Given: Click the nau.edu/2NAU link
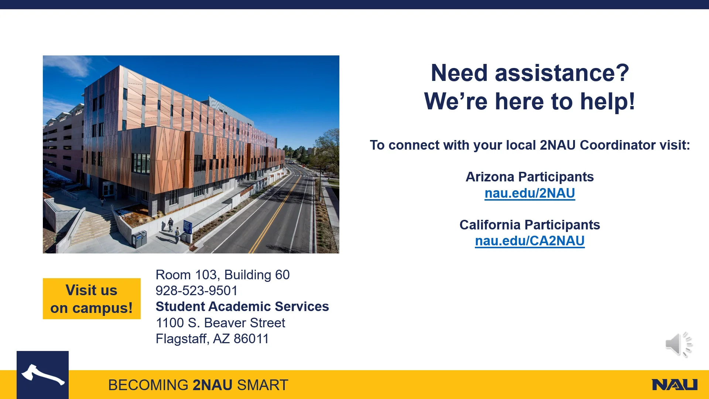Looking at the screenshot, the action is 530,193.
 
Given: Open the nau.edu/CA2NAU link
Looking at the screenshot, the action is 530,241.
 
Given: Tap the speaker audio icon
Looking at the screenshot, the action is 679,344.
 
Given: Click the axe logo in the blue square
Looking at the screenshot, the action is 43,375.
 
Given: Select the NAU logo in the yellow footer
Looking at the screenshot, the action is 675,385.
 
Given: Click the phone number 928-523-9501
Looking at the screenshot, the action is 196,291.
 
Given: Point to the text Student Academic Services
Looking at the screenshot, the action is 242,307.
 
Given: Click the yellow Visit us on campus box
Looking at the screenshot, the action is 92,299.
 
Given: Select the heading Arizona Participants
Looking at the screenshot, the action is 530,177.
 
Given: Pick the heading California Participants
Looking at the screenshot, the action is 530,225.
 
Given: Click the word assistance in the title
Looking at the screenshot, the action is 562,73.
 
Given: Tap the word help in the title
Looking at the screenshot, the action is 607,101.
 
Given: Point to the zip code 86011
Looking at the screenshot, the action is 251,339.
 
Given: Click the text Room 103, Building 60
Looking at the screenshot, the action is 223,275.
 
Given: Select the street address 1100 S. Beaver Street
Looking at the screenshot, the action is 220,323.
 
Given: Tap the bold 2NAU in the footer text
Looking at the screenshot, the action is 213,385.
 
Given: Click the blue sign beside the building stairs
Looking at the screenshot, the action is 188,226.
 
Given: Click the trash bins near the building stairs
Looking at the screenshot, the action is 139,239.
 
